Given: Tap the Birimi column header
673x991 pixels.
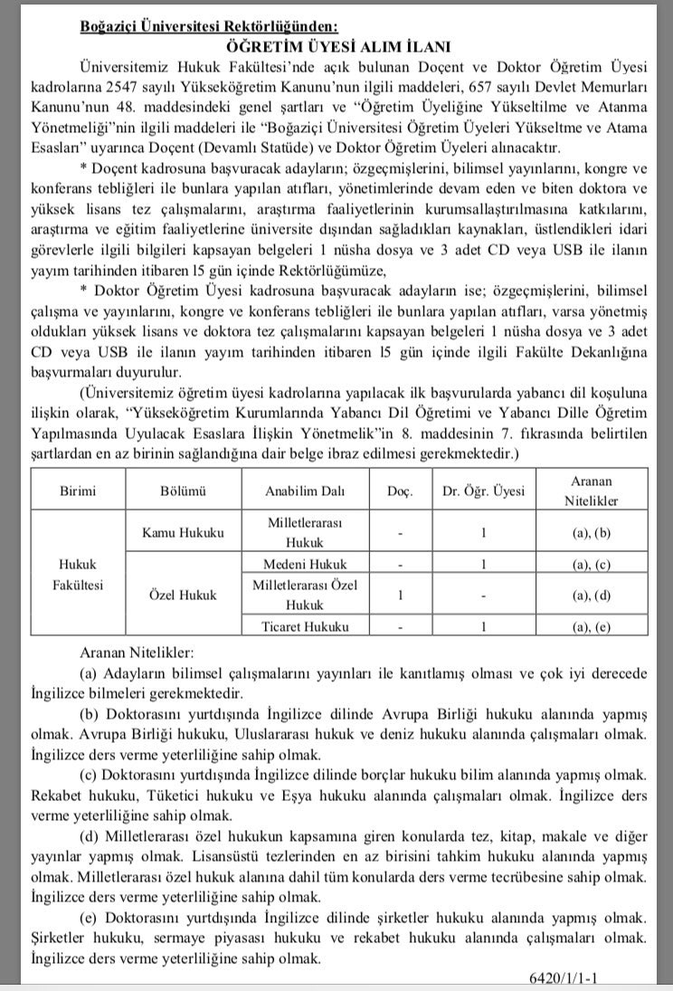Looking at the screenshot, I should coord(78,491).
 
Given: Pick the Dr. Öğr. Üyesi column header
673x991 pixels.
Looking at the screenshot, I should coord(484,491).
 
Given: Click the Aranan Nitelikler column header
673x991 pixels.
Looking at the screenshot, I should coord(592,491).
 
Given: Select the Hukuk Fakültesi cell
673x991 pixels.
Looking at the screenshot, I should coord(78,574).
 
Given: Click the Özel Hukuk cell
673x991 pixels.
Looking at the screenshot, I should coord(184,595).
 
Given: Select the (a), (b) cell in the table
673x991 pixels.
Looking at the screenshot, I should coord(592,534).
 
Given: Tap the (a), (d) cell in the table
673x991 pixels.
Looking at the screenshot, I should coord(592,595).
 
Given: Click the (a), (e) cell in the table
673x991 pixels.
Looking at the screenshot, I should coord(592,625).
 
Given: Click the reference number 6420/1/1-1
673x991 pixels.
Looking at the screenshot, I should coord(600,978).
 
